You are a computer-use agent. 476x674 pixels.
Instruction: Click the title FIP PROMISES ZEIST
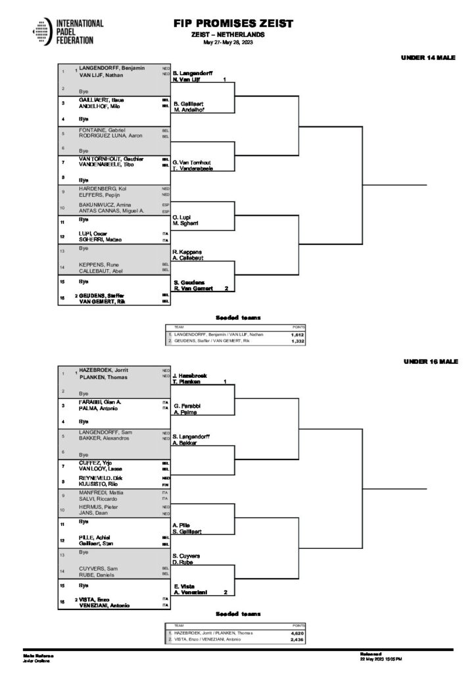[x=233, y=24]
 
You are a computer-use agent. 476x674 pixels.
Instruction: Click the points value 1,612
[x=297, y=334]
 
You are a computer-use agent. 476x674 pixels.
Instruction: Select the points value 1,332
[x=297, y=342]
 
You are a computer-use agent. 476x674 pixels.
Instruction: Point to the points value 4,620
[x=297, y=633]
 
